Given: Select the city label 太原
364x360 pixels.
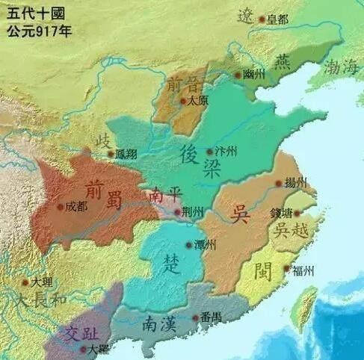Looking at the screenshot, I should (197, 99).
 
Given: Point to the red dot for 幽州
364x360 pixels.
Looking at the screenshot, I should (238, 75).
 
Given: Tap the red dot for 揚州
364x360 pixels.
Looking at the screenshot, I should (278, 183).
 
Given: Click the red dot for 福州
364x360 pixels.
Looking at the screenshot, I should (286, 269).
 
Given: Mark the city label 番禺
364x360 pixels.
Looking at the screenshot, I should (210, 318).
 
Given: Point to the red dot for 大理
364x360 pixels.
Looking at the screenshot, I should (25, 283).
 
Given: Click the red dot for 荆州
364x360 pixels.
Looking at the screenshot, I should (176, 213).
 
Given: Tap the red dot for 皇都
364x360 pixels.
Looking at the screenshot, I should (262, 19).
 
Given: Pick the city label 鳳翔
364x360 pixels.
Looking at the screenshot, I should (128, 155).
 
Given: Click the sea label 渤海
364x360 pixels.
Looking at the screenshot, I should (341, 67).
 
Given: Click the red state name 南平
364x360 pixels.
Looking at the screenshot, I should (165, 193).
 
